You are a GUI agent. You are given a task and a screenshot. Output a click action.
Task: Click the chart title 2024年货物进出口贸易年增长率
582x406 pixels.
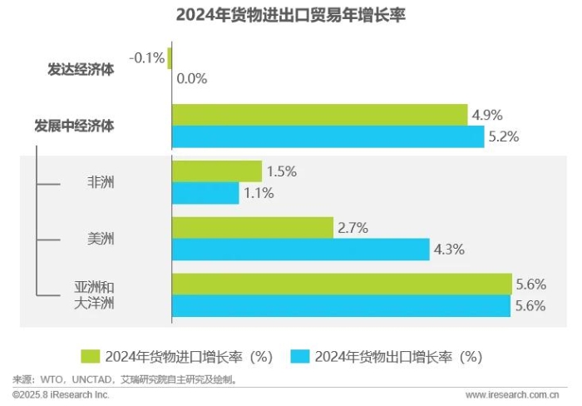[290, 16]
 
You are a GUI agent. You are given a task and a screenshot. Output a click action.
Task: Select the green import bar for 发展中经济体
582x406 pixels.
[319, 115]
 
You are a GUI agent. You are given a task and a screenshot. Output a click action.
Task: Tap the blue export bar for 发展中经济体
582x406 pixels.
[328, 137]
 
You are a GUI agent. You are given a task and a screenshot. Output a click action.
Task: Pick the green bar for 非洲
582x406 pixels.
[216, 171]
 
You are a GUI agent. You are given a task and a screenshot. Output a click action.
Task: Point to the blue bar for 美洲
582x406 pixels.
[300, 249]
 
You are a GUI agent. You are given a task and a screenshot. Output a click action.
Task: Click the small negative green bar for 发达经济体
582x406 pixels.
[170, 57]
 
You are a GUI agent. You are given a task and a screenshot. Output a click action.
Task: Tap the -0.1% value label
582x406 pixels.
[146, 57]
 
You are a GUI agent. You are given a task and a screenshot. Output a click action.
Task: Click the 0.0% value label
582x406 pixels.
[190, 79]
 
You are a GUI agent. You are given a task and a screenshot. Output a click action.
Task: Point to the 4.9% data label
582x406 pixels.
[486, 115]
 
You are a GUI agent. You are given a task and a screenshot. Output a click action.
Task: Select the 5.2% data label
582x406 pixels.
[503, 137]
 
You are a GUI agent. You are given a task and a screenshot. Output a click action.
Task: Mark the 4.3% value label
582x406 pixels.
[448, 249]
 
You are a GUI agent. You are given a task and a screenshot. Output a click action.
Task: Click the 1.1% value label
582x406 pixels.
[258, 193]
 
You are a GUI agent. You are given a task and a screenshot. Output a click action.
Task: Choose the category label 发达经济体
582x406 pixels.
[81, 69]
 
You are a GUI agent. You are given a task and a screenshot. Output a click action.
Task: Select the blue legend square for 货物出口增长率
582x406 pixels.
[300, 356]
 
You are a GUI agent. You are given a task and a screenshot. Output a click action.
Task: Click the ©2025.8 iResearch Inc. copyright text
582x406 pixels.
[61, 394]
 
